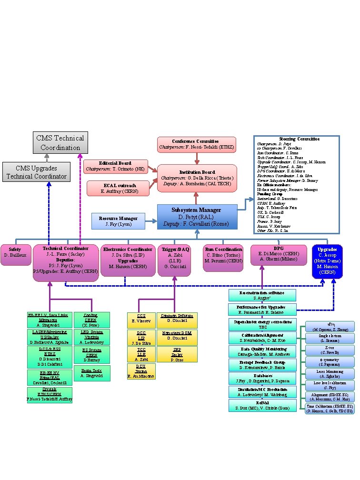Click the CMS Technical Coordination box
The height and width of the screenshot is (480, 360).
pos(60,143)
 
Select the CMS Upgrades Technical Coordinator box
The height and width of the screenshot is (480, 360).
pos(37,172)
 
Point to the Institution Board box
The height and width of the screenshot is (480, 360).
pos(197,179)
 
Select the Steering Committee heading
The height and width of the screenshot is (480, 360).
pos(297,139)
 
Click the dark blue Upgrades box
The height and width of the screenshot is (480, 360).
pos(327,260)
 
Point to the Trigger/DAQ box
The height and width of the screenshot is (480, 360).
pos(174,260)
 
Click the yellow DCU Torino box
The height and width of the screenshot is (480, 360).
pos(137,371)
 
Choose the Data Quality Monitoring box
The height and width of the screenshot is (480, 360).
pos(262,351)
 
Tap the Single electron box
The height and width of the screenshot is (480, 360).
pos(330,339)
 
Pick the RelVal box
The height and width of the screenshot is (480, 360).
pos(262,405)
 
